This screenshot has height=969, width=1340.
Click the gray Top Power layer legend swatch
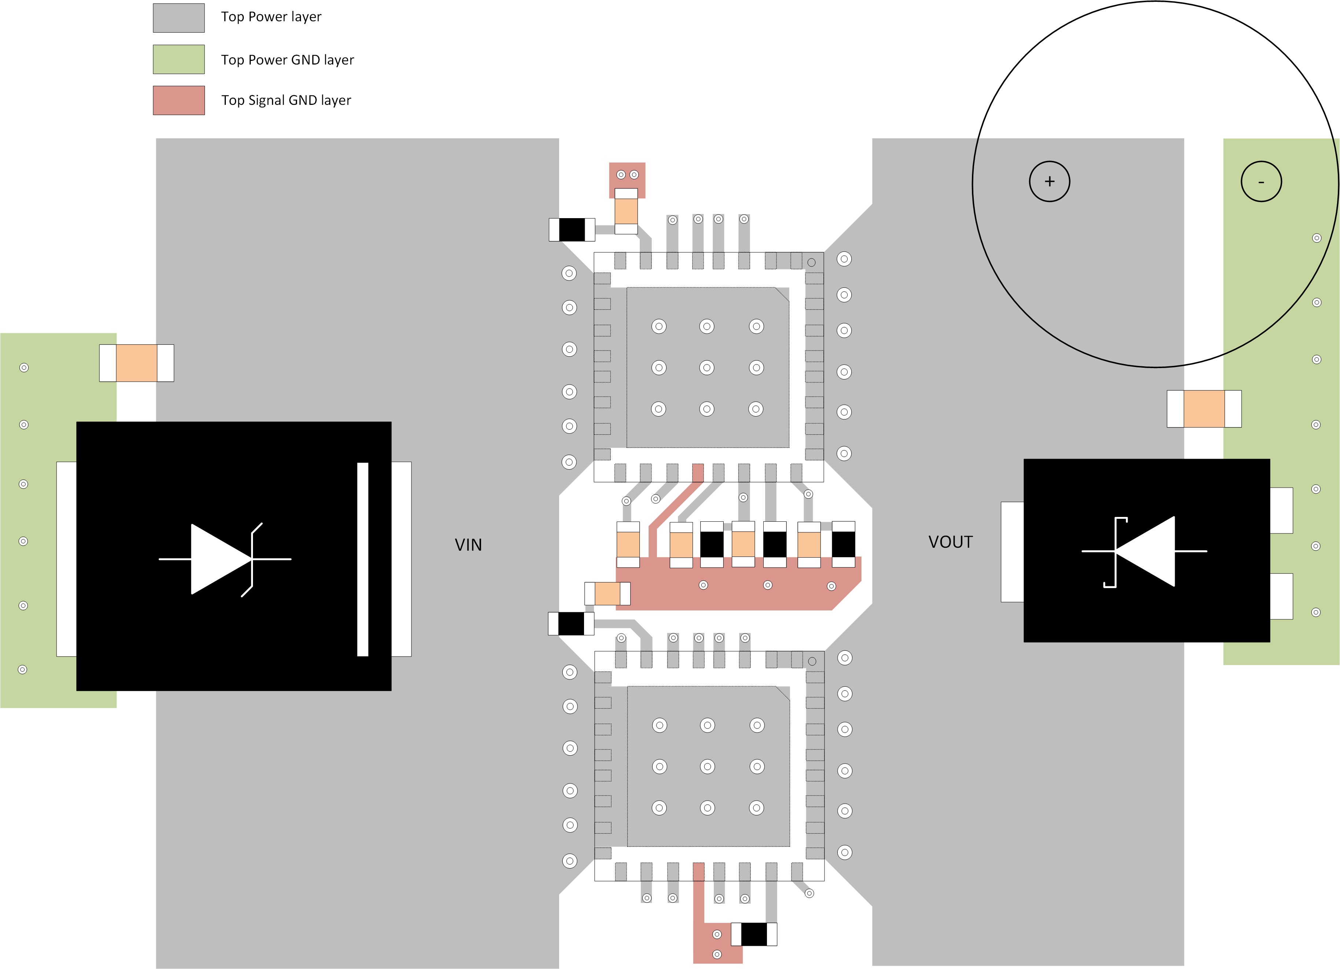click(179, 18)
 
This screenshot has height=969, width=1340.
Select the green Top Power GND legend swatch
click(179, 59)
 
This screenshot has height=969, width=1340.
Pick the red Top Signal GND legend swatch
click(179, 100)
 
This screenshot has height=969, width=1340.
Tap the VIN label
click(468, 545)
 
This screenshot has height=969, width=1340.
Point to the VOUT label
click(950, 542)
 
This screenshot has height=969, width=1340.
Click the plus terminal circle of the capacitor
click(1049, 181)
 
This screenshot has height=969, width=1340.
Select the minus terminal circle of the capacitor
click(1261, 181)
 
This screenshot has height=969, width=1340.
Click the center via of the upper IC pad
click(706, 367)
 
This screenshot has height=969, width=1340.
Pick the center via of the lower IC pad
click(707, 766)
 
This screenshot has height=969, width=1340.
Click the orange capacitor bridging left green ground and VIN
click(136, 363)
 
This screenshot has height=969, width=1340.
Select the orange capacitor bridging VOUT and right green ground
click(1204, 409)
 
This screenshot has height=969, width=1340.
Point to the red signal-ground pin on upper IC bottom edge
click(698, 473)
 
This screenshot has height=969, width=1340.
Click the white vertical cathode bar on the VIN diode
click(363, 559)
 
